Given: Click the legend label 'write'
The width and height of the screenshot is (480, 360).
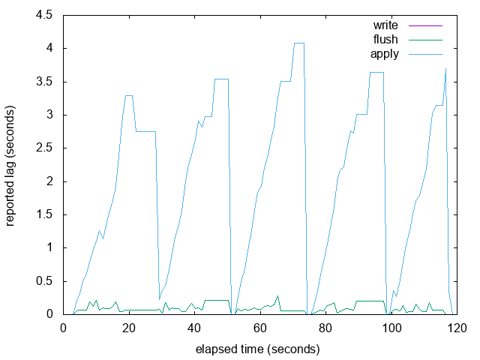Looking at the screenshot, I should (385, 25).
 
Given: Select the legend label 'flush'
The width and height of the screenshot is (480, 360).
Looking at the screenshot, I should (385, 39).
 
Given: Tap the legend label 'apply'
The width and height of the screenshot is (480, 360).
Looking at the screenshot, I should (385, 53).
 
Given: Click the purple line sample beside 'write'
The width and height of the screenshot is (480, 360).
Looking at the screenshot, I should (423, 25).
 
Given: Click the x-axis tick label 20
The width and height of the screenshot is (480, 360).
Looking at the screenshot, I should (129, 328).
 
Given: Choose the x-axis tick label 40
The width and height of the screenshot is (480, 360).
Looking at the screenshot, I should (194, 328).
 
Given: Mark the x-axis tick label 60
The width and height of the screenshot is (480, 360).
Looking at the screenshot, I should (260, 328).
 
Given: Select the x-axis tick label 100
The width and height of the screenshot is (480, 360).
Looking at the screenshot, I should (391, 328).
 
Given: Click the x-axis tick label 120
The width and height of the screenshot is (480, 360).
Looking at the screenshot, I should (456, 328).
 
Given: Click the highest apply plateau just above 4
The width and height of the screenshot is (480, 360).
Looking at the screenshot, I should (298, 43).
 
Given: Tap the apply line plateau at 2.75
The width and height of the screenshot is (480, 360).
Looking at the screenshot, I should (145, 131).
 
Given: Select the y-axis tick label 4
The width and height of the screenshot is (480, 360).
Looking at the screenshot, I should (49, 48).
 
